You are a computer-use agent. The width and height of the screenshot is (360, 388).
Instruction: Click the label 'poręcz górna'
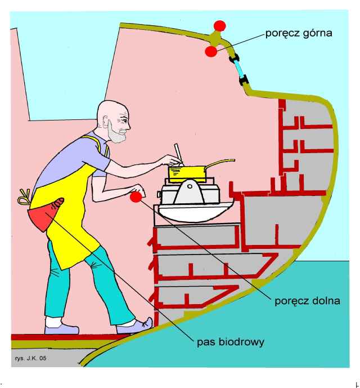pyautogui.click(x=298, y=33)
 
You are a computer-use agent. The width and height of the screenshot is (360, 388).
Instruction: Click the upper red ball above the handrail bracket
pyautogui.click(x=219, y=25)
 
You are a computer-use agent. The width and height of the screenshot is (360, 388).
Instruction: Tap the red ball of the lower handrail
pyautogui.click(x=136, y=197)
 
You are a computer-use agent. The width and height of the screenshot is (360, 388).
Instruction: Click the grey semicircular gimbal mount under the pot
pyautogui.click(x=188, y=195)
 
